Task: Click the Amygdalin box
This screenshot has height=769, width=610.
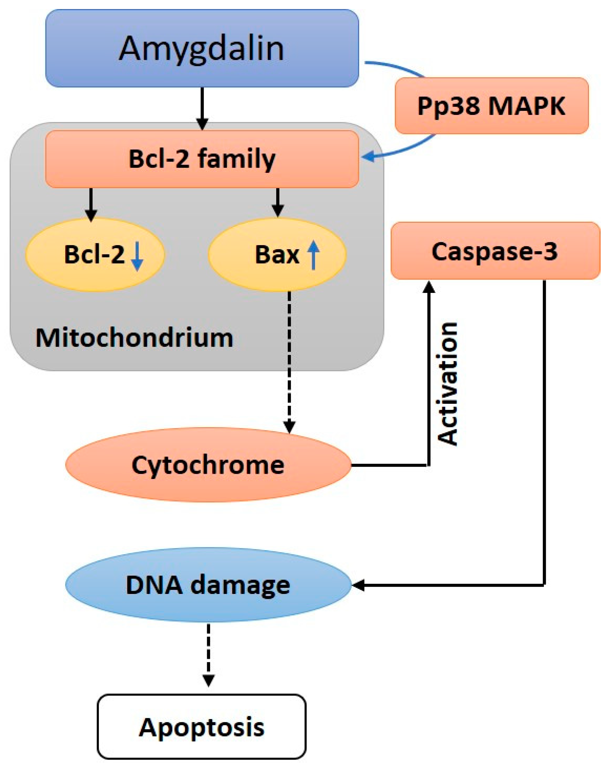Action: (202, 48)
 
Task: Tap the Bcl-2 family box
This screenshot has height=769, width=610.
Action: (202, 159)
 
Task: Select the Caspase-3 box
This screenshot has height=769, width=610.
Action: (495, 251)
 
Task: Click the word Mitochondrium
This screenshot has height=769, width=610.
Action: (134, 338)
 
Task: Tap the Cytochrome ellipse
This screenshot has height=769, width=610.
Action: (208, 465)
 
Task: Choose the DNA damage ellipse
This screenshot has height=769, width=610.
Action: (208, 585)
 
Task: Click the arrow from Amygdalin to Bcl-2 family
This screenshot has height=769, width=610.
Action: (202, 107)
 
